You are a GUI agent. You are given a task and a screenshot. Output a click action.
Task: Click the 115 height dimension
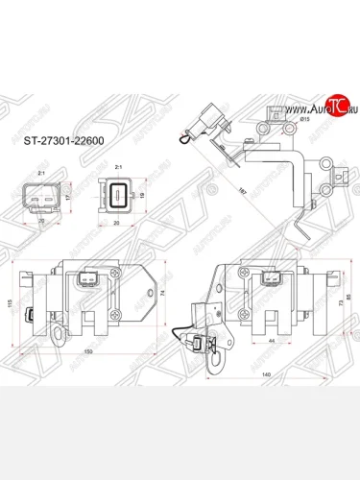point(11,304)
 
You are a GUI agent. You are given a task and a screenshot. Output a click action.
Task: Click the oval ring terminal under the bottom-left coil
point(60,333)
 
